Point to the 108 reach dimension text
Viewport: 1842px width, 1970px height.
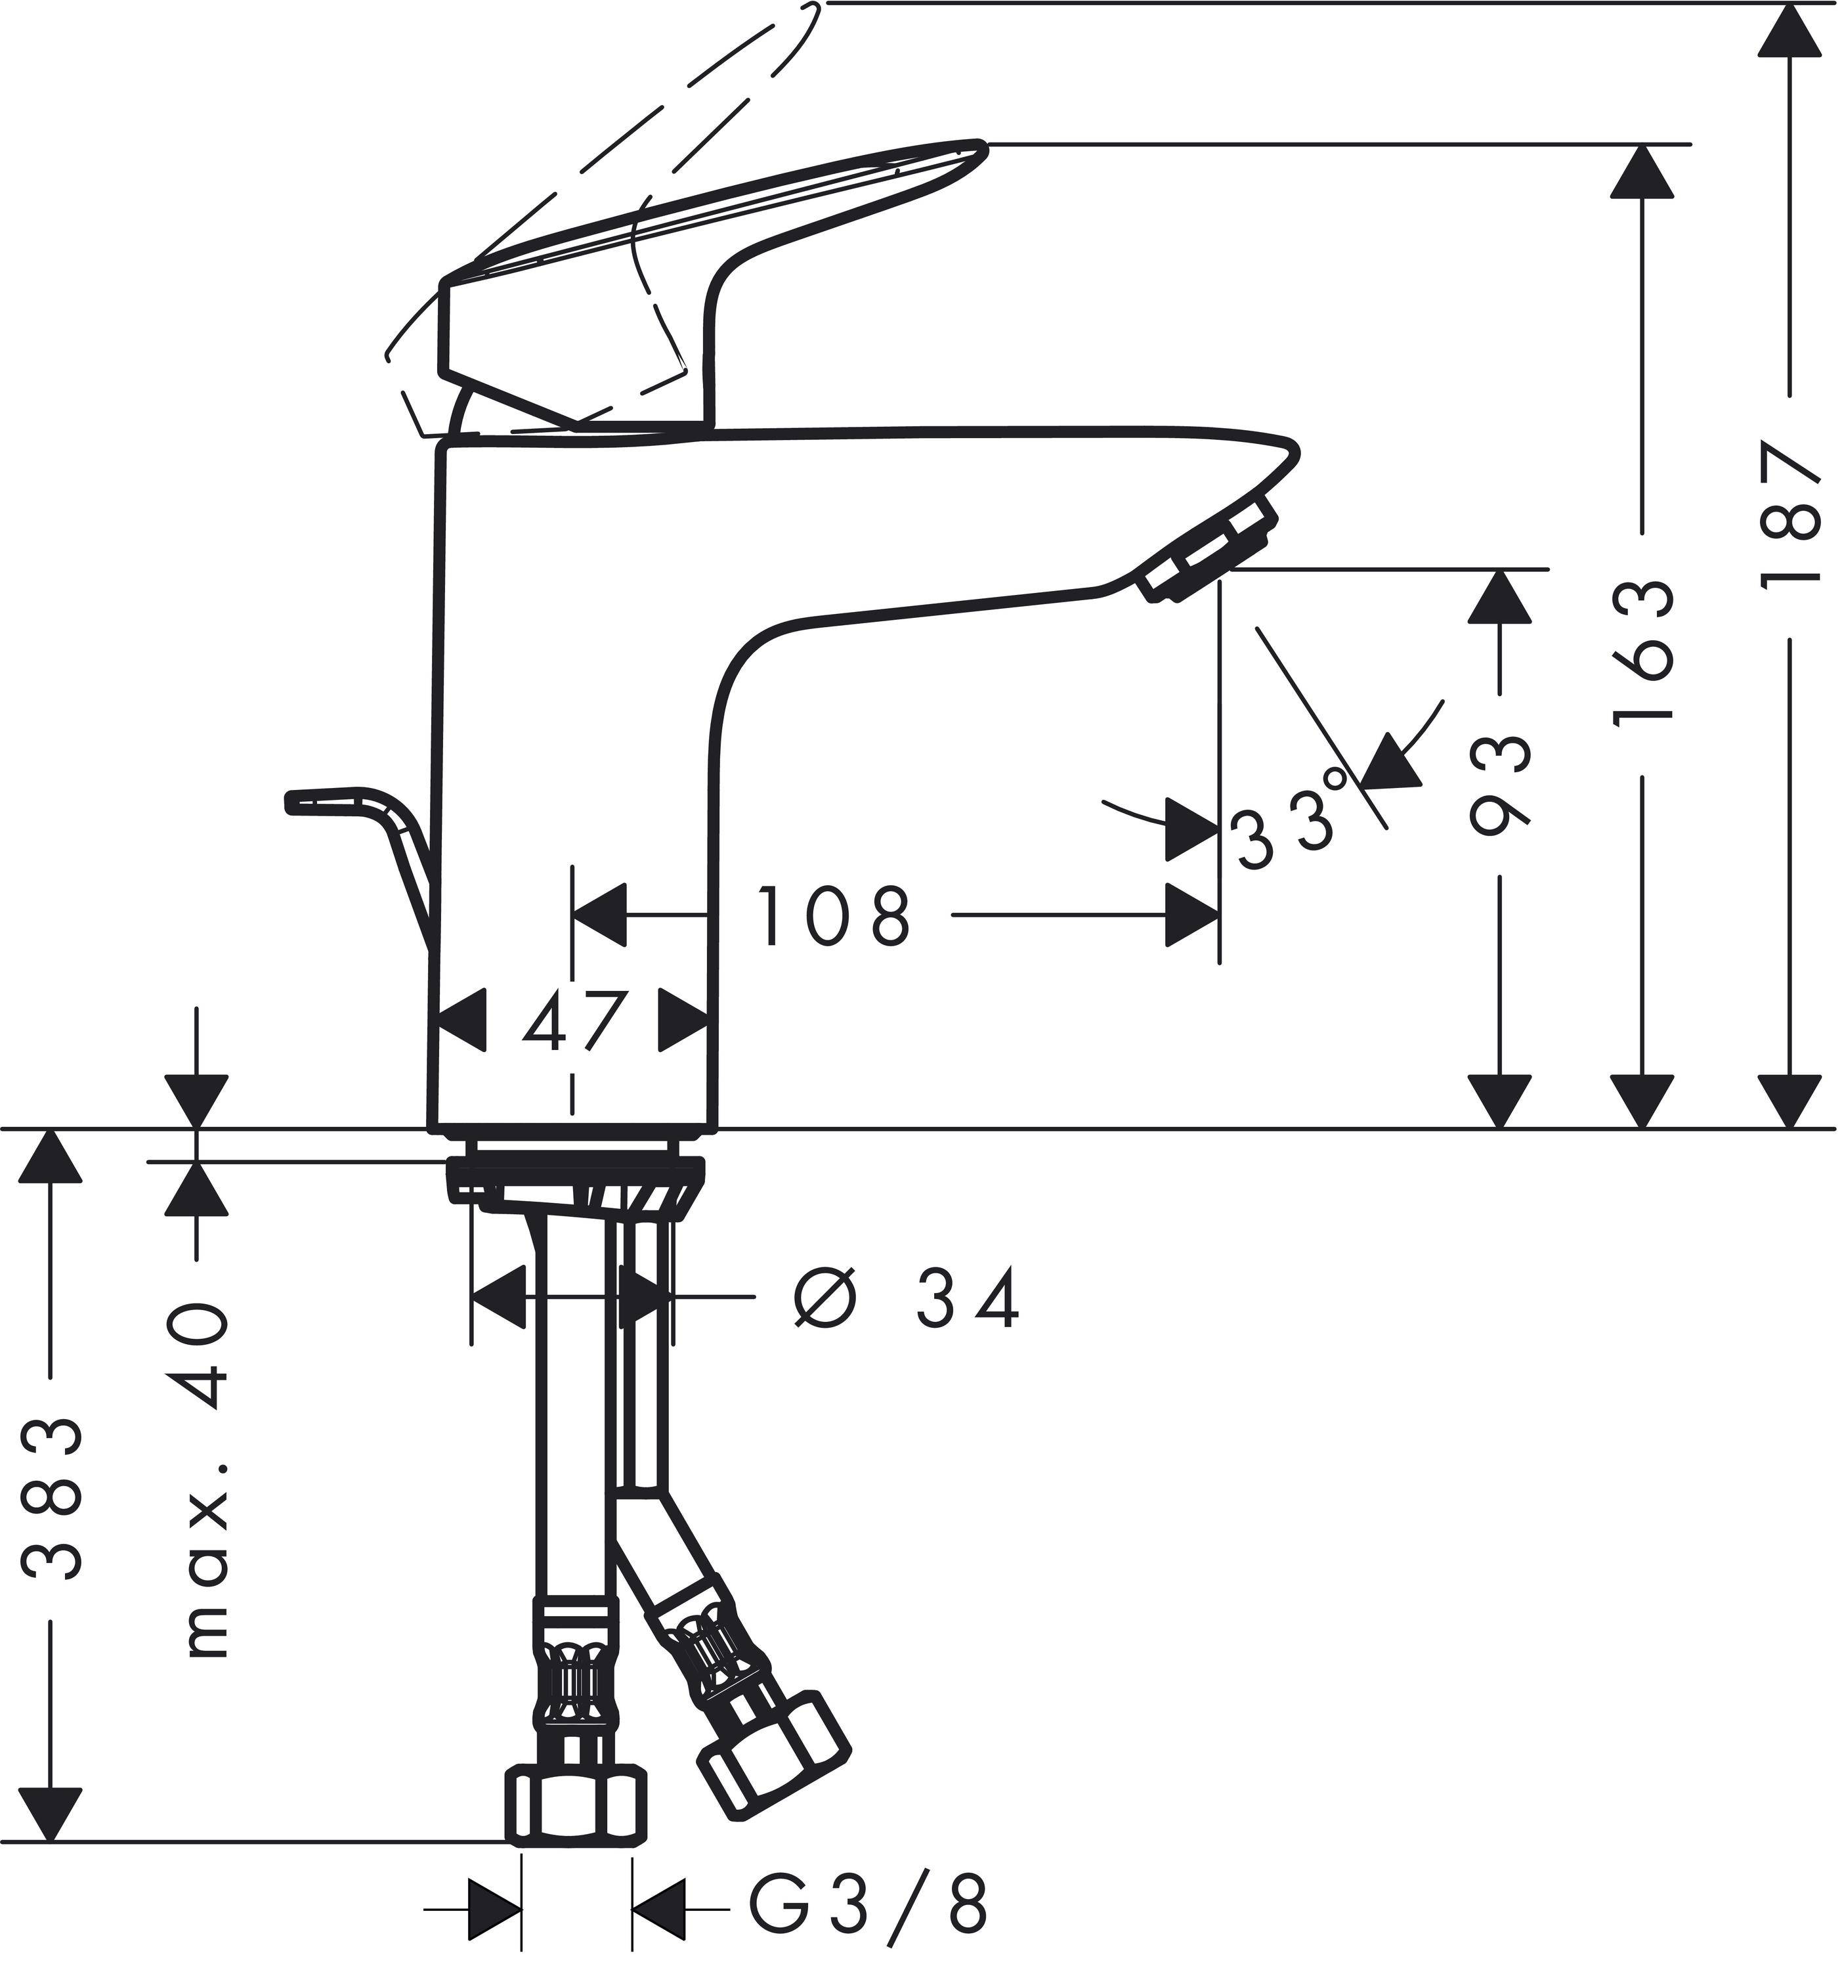pyautogui.click(x=833, y=917)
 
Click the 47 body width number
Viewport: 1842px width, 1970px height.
pyautogui.click(x=574, y=1022)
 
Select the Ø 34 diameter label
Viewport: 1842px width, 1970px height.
pyautogui.click(x=907, y=1298)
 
